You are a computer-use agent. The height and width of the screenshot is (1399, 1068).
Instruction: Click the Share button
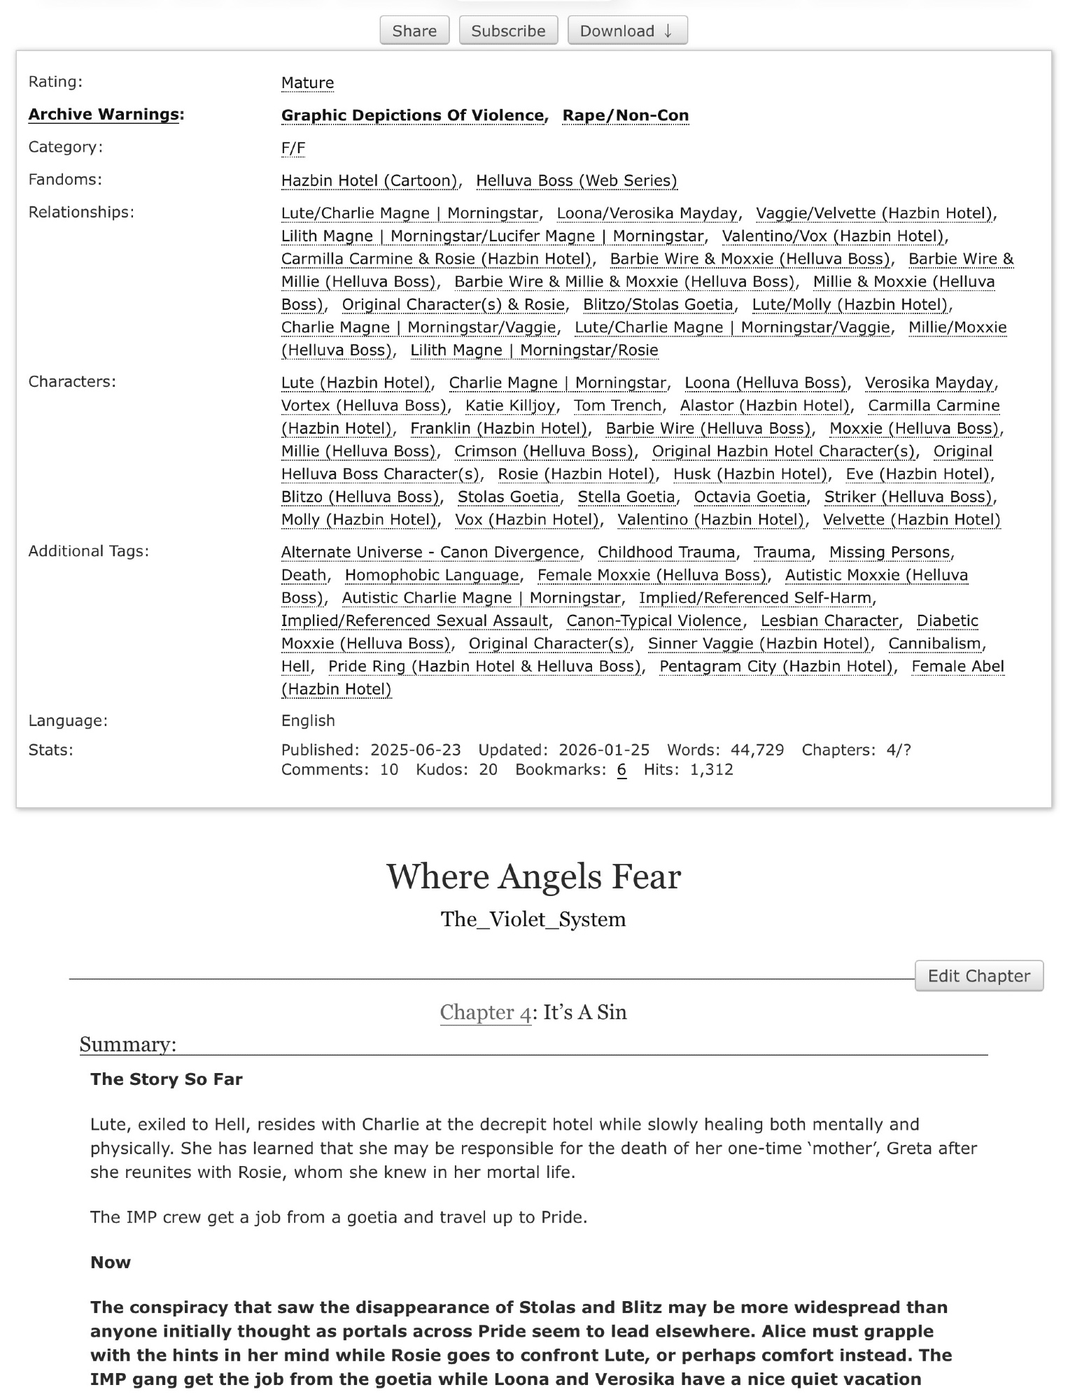pyautogui.click(x=414, y=31)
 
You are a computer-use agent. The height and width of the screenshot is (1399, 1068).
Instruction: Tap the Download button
pyautogui.click(x=627, y=31)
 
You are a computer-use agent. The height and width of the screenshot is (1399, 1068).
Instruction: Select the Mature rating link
pyautogui.click(x=307, y=83)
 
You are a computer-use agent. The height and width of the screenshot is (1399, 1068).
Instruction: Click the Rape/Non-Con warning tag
pyautogui.click(x=626, y=115)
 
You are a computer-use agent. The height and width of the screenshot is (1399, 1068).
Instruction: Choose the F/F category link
pyautogui.click(x=293, y=148)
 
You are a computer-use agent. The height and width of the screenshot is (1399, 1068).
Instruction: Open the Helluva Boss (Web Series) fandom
pyautogui.click(x=577, y=180)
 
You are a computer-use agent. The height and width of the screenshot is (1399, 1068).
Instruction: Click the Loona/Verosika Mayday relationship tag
pyautogui.click(x=647, y=213)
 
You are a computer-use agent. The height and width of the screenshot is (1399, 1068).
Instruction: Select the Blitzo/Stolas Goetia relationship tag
pyautogui.click(x=658, y=304)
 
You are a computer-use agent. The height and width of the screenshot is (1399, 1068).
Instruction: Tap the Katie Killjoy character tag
pyautogui.click(x=510, y=406)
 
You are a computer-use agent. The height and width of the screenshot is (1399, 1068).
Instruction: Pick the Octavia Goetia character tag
pyautogui.click(x=750, y=497)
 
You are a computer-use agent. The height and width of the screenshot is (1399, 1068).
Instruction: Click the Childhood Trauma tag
pyautogui.click(x=666, y=552)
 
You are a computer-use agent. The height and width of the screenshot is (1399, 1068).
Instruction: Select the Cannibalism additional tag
pyautogui.click(x=935, y=644)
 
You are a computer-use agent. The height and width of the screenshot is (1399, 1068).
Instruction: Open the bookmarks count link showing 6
pyautogui.click(x=621, y=770)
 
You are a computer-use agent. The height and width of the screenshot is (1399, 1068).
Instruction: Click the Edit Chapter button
pyautogui.click(x=978, y=976)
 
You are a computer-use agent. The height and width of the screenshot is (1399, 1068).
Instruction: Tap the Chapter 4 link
pyautogui.click(x=485, y=1012)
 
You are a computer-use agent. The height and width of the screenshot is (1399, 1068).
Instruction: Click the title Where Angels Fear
pyautogui.click(x=533, y=876)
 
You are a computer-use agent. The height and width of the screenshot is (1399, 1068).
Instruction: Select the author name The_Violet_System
pyautogui.click(x=533, y=919)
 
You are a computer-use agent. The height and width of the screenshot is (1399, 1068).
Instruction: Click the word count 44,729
pyautogui.click(x=757, y=750)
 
